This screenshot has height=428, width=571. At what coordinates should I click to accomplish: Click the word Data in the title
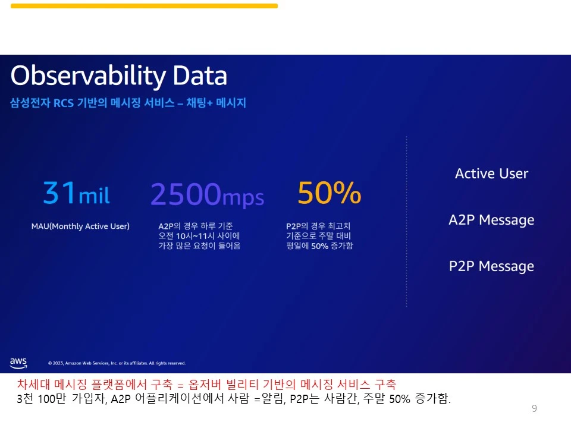[200, 75]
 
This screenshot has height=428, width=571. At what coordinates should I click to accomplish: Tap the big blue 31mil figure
[76, 193]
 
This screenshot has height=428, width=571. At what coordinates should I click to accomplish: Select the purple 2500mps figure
[207, 195]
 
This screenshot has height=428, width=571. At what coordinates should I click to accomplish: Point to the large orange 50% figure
[329, 193]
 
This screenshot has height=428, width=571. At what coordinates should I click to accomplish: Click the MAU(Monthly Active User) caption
[80, 226]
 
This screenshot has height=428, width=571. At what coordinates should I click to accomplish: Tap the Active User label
[492, 174]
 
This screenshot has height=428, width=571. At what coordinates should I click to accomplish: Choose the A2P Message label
[492, 220]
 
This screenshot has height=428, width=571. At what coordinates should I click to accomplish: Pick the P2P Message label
[492, 266]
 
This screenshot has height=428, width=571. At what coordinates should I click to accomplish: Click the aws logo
[18, 363]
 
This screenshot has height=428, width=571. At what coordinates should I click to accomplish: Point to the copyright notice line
[117, 363]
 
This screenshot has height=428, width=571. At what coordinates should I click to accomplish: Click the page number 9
[534, 408]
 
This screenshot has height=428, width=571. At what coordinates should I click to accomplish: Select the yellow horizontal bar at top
[144, 6]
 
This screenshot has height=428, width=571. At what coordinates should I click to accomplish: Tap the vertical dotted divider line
[406, 222]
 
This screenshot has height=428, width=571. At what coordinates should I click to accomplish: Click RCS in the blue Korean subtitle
[64, 103]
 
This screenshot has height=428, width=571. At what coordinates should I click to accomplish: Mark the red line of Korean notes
[206, 385]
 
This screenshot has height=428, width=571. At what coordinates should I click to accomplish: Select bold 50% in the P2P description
[320, 246]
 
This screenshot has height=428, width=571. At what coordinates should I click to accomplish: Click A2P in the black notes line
[121, 399]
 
